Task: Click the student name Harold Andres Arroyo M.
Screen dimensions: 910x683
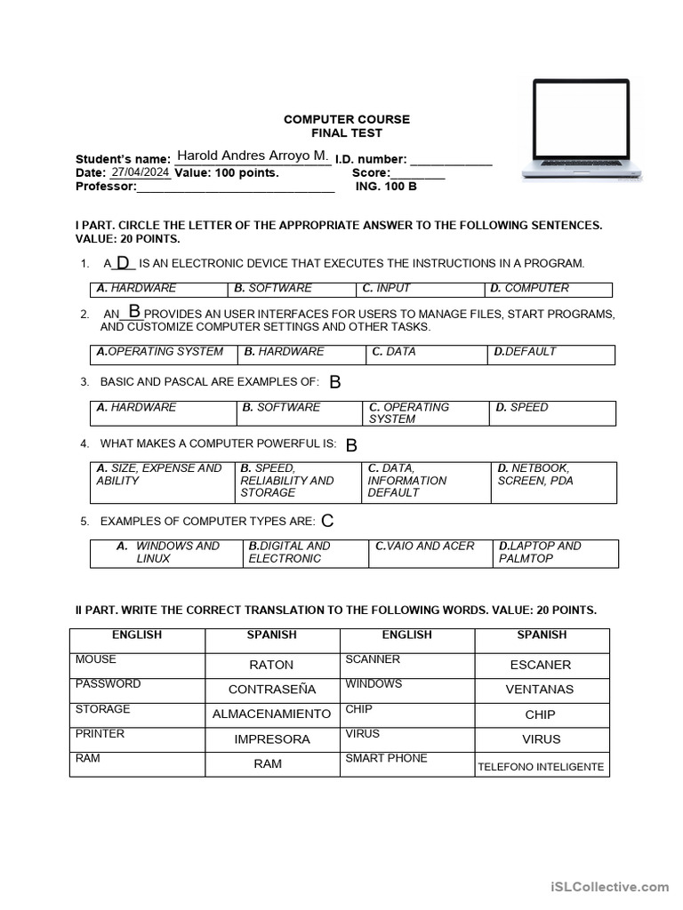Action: coord(253,156)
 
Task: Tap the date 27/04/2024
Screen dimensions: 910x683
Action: coord(141,172)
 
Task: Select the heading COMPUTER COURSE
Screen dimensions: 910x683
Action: coord(347,119)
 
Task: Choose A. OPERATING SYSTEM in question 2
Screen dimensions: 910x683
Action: coord(160,352)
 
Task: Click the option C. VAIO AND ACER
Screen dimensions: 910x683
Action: coord(425,547)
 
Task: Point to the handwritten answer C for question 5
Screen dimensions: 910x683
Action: coord(327,521)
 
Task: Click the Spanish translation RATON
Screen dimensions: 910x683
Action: coord(271,665)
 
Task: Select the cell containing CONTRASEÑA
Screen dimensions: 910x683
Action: coord(272,690)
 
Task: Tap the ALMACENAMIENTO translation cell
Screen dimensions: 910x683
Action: coord(271,714)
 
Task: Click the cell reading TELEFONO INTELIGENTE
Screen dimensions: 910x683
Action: coord(541,766)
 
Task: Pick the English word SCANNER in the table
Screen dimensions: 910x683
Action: coord(373,659)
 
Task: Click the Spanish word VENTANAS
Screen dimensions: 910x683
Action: coord(540,690)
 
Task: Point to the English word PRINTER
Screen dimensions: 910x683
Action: coord(100,734)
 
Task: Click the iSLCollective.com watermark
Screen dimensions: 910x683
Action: coord(609,886)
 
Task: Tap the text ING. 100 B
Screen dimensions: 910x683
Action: coord(386,187)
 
